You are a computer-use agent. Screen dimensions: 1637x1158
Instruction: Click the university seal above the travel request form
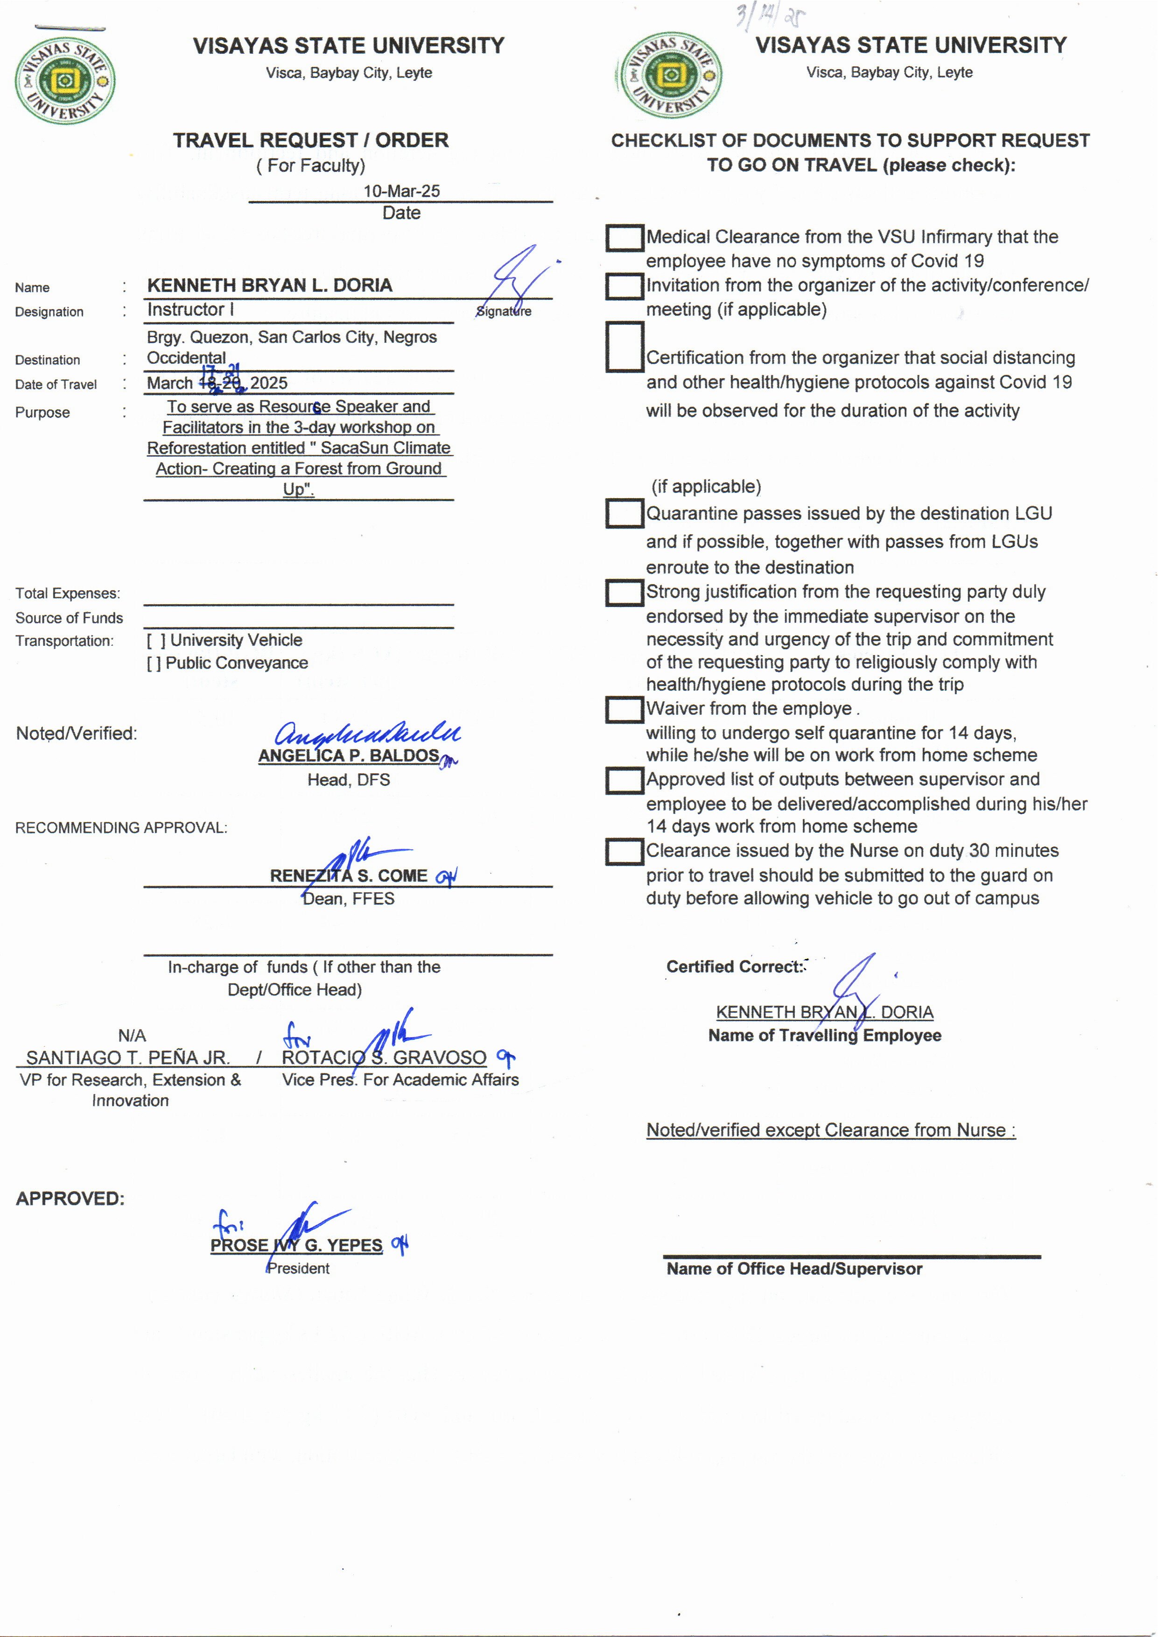[x=65, y=81]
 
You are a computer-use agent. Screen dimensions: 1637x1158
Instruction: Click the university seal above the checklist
[x=670, y=75]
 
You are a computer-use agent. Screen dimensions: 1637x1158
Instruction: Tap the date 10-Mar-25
[x=401, y=191]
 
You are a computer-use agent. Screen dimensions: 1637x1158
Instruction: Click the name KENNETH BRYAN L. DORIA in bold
[x=269, y=285]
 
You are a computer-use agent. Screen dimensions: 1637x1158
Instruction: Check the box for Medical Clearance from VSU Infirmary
[x=625, y=238]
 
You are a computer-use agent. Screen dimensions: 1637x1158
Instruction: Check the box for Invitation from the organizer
[x=625, y=287]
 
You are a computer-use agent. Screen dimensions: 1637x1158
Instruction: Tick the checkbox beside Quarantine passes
[x=625, y=514]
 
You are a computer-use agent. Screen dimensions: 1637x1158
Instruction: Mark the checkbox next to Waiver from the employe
[x=625, y=710]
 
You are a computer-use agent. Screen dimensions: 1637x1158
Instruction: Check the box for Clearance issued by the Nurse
[x=625, y=852]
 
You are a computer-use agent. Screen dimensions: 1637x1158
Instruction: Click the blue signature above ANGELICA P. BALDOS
[x=367, y=733]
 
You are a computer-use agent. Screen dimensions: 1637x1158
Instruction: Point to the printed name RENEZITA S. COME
[x=349, y=876]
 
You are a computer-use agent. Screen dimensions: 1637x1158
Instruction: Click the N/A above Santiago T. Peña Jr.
[x=132, y=1035]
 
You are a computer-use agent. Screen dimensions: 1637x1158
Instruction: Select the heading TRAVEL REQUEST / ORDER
[x=311, y=141]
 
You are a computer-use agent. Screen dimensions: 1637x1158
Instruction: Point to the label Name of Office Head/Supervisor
[x=794, y=1269]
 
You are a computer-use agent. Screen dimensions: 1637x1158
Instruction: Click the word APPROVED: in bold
[x=70, y=1198]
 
